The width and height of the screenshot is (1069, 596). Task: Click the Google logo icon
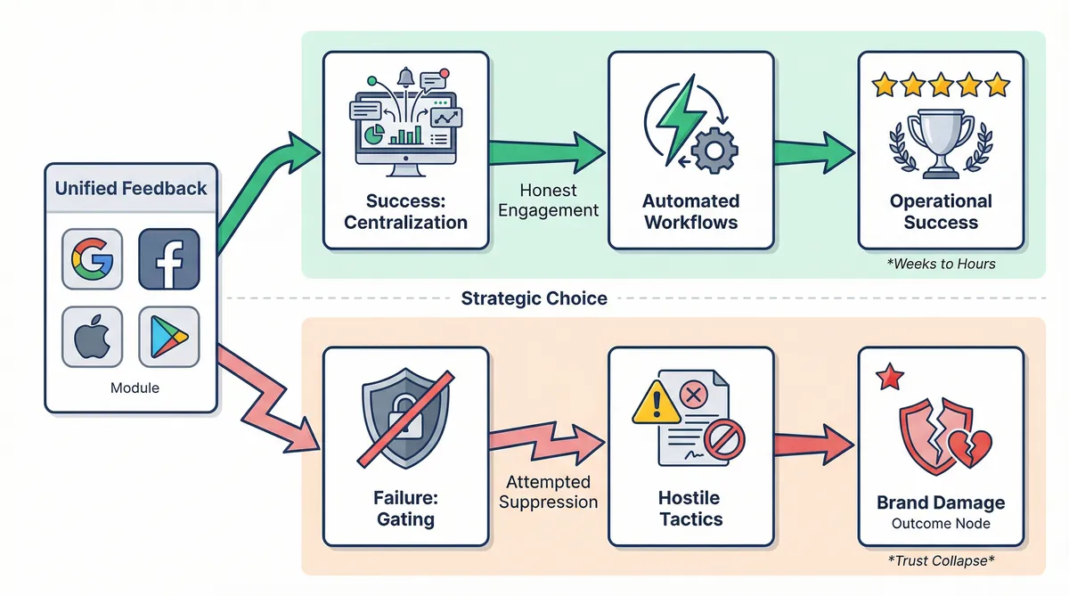92,259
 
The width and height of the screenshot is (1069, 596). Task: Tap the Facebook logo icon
169,259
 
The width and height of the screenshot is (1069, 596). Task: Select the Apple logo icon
92,338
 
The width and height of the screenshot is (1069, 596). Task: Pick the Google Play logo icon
169,338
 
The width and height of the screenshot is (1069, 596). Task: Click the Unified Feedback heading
131,188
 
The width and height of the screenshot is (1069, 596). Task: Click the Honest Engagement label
549,200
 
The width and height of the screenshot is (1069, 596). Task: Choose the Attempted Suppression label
549,492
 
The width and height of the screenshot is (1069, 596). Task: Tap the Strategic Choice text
534,298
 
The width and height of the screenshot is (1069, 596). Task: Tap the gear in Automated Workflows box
710,151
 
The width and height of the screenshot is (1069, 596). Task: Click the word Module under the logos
135,388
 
